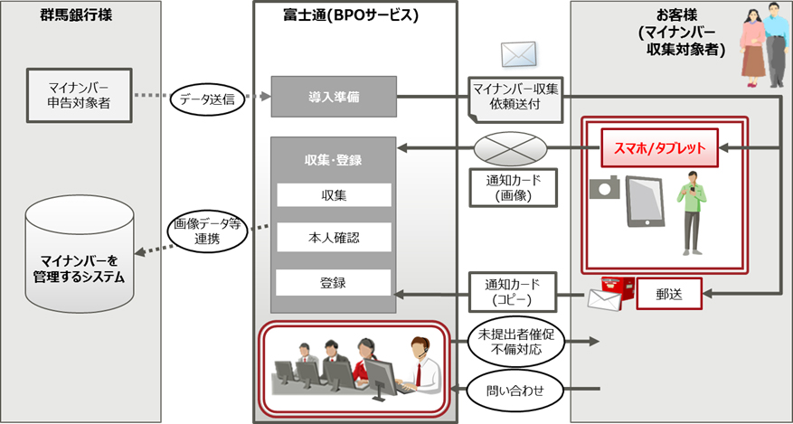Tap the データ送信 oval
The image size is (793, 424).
tap(208, 99)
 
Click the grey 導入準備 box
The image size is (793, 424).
tap(333, 97)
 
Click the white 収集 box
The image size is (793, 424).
tap(333, 194)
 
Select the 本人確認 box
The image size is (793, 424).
tap(333, 238)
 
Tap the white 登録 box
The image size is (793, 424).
tap(333, 282)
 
